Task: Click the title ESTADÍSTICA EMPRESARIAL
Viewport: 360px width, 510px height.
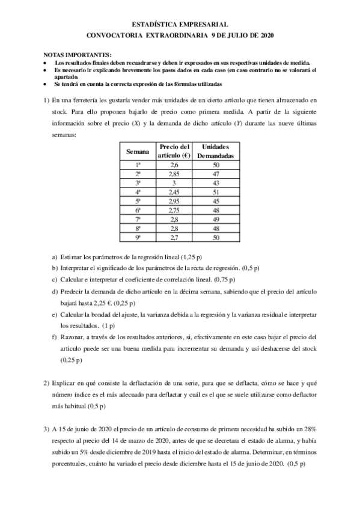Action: click(x=180, y=25)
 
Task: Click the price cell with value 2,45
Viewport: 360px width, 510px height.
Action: click(x=174, y=192)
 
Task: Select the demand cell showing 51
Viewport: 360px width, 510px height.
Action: click(x=216, y=192)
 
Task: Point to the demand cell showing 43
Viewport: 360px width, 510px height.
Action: click(x=216, y=183)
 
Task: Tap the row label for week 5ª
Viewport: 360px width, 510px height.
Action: click(x=138, y=201)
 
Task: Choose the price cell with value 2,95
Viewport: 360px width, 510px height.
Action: click(x=174, y=201)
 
